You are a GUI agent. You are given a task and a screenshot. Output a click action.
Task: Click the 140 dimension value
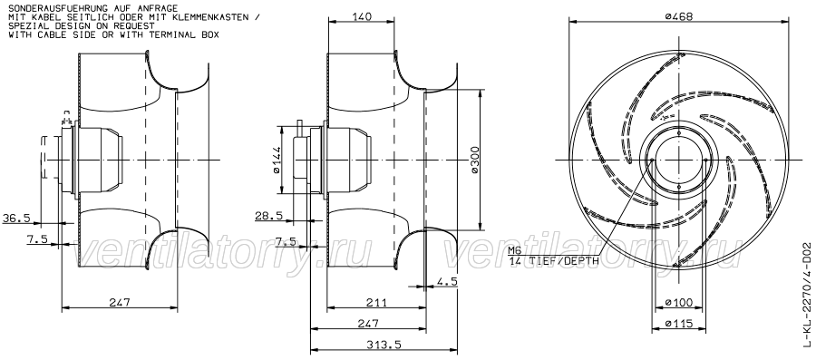[x=362, y=16]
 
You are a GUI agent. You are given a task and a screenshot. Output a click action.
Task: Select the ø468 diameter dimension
[x=679, y=16]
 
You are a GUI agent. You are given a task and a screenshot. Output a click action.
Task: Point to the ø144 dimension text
[x=277, y=160]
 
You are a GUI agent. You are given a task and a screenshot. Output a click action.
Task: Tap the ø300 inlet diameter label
[x=474, y=160]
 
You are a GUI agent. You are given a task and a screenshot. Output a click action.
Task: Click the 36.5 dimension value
[x=16, y=218]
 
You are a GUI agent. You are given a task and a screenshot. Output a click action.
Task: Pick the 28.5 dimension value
[x=269, y=215]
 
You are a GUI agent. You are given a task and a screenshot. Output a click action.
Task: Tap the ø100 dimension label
[x=679, y=302]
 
